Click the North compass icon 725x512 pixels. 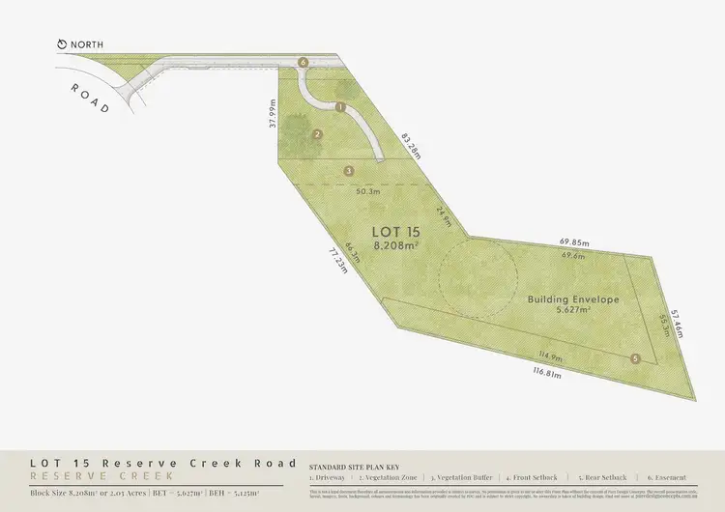click(63, 44)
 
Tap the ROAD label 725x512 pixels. click(92, 98)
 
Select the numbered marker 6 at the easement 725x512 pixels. click(304, 62)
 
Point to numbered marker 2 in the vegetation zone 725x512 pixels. click(317, 134)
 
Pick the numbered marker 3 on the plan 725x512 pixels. click(348, 171)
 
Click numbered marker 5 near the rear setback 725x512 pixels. click(635, 359)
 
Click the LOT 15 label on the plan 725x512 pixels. click(396, 232)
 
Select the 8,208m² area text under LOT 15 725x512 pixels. click(396, 247)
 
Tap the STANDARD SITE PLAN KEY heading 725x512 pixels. click(353, 465)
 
